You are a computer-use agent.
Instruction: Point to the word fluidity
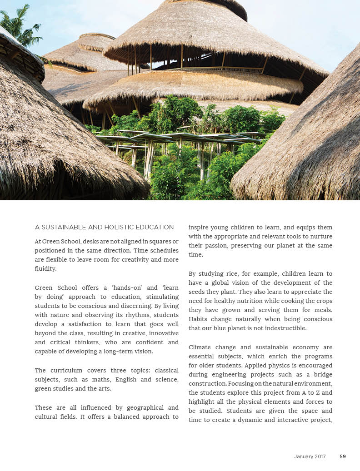45,268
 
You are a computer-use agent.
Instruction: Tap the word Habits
199,319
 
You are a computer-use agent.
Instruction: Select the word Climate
200,347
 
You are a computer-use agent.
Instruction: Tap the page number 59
343,456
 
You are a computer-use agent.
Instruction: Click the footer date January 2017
310,456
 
